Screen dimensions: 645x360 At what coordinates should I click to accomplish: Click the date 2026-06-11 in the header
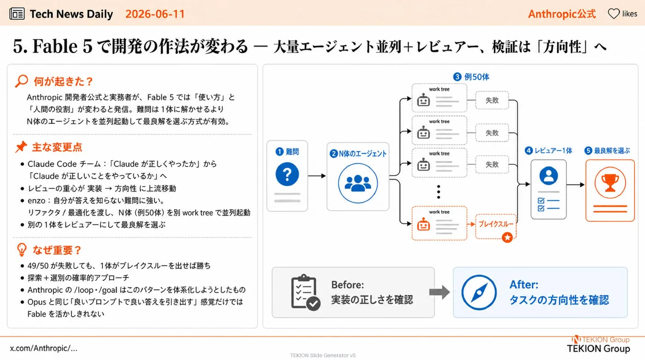pos(155,14)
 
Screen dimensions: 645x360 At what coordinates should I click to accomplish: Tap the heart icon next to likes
pos(614,13)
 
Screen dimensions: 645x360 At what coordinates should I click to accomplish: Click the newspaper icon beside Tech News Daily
pos(17,14)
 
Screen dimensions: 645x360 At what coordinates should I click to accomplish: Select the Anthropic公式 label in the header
pos(562,14)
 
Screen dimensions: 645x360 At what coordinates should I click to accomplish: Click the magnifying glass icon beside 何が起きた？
pos(22,81)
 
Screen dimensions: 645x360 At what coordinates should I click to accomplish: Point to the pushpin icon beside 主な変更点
pos(21,147)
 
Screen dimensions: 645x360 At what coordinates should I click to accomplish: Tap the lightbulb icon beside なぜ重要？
pos(22,250)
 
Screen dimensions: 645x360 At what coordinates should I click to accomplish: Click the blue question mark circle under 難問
pos(287,174)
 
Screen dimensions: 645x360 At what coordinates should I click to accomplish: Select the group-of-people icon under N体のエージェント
pos(358,183)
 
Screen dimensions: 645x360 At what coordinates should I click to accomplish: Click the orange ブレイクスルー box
pos(496,226)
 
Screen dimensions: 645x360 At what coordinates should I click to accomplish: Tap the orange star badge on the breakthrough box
pos(507,238)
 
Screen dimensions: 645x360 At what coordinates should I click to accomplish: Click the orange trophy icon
pos(610,183)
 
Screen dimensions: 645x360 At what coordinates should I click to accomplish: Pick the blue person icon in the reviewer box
pos(549,175)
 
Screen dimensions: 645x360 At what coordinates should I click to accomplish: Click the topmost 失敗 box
pos(492,100)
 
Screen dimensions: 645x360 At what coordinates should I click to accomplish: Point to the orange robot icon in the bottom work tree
pos(423,224)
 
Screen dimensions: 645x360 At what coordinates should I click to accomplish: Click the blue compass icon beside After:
pos(479,292)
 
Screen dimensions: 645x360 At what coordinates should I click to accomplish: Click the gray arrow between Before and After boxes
pos(440,292)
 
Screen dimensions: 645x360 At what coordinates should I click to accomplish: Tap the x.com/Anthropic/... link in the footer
pos(44,348)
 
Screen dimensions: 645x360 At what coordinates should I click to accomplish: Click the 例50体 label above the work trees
pos(471,77)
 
